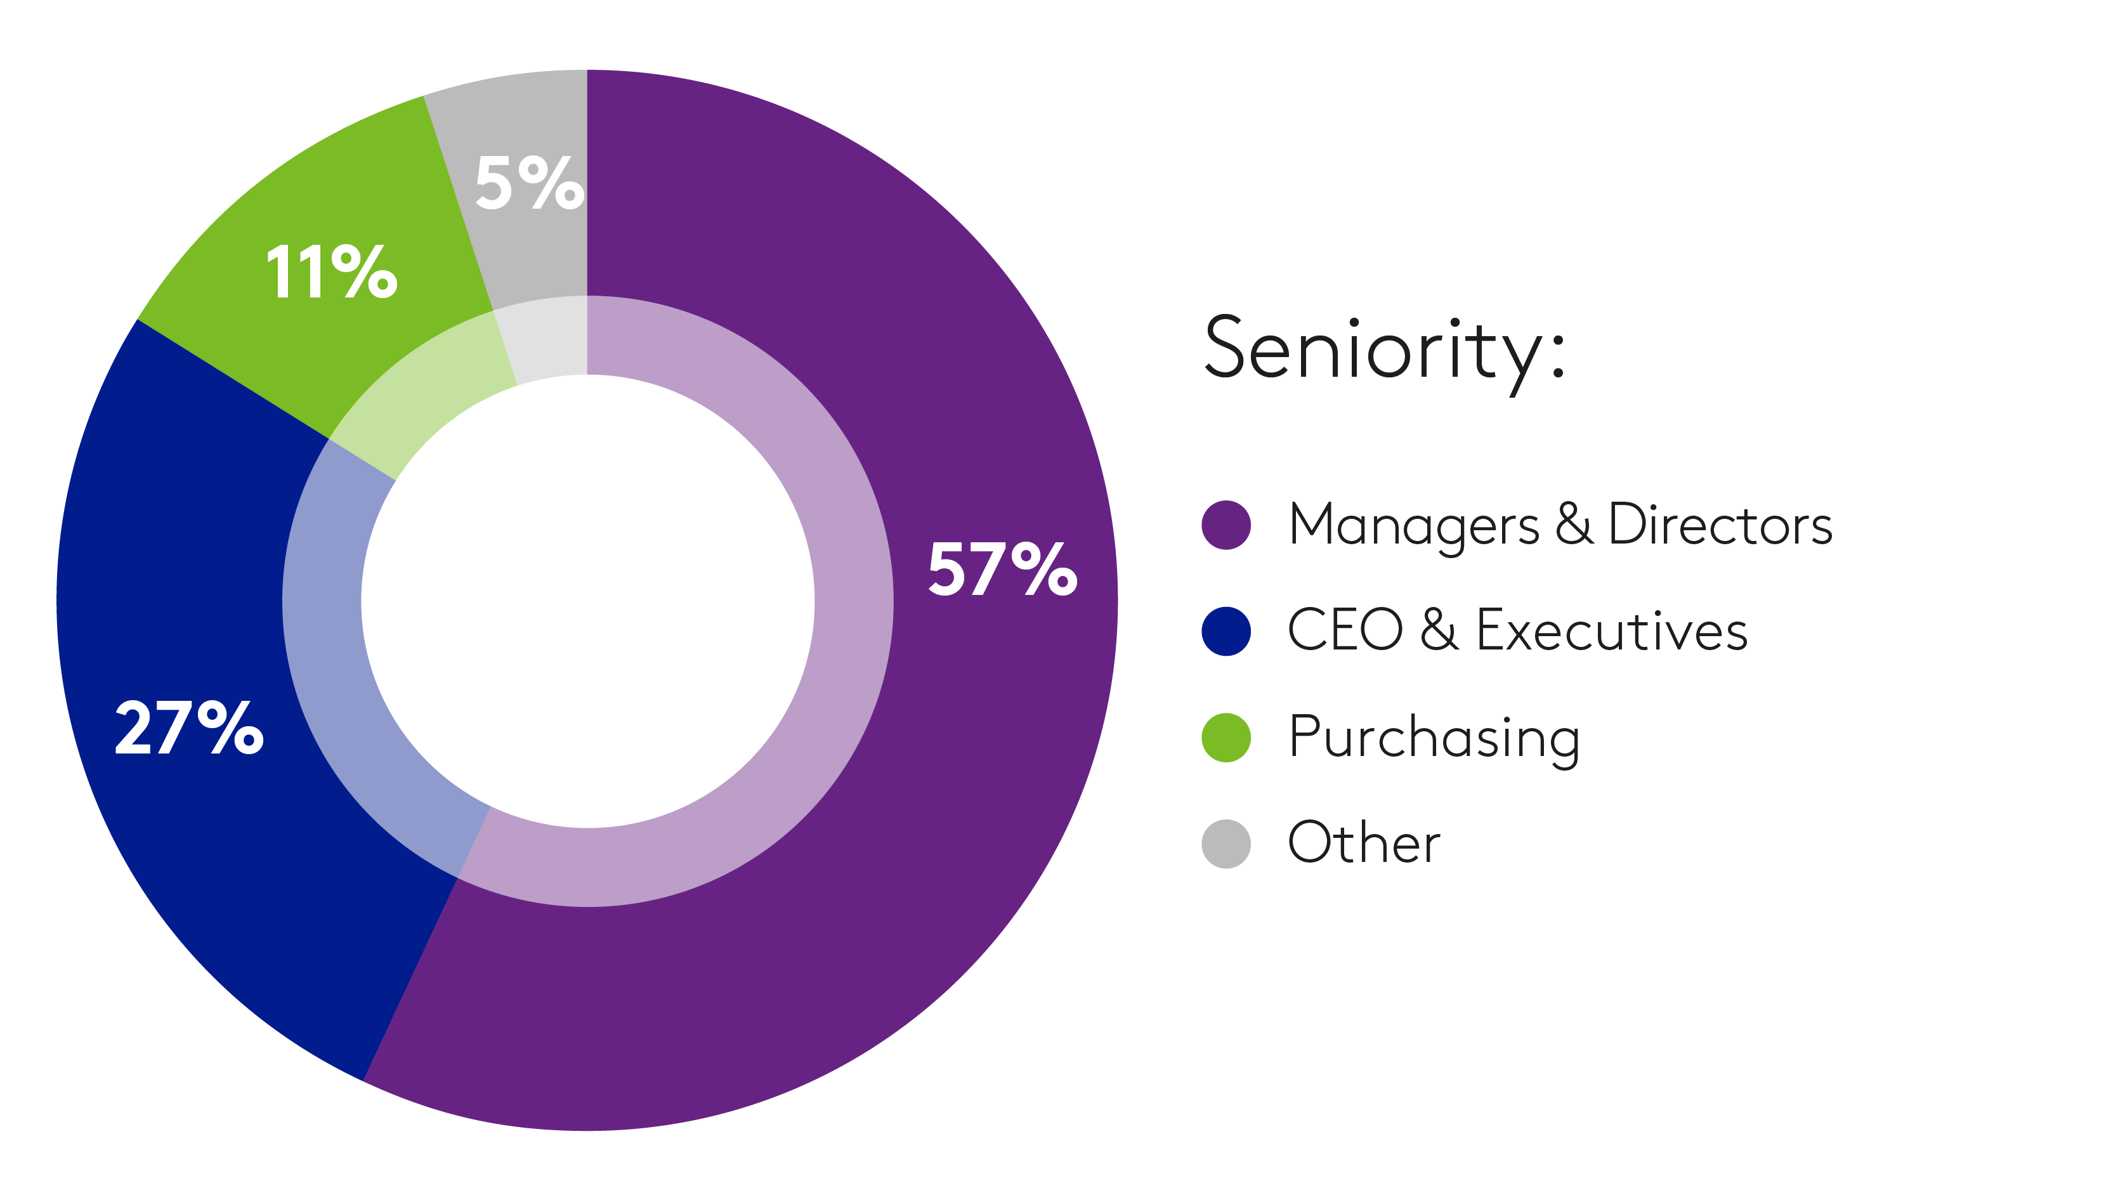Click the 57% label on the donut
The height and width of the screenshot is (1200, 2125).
pos(1002,568)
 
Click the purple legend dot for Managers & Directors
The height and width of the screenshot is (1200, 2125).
pos(1226,525)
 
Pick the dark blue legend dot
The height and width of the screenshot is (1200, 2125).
pos(1226,631)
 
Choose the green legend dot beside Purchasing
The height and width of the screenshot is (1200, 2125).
pos(1226,738)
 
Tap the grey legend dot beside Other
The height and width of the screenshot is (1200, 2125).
pos(1226,844)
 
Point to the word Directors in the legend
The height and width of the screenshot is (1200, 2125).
pos(1720,525)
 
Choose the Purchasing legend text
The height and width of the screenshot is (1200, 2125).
pos(1434,738)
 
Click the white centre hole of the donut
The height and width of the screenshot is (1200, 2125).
pos(587,601)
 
